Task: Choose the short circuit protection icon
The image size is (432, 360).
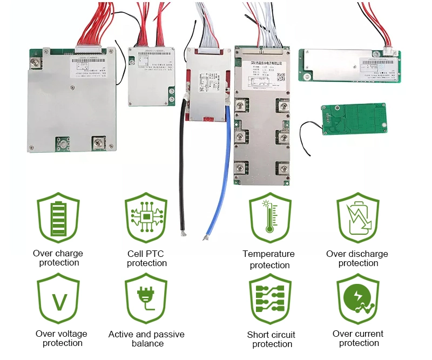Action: click(x=270, y=300)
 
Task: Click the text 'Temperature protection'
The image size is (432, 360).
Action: click(x=269, y=260)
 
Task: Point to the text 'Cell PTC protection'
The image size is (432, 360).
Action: click(x=146, y=259)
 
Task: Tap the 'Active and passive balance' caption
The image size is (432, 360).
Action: click(x=146, y=339)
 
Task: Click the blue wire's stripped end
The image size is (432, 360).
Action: click(x=205, y=236)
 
